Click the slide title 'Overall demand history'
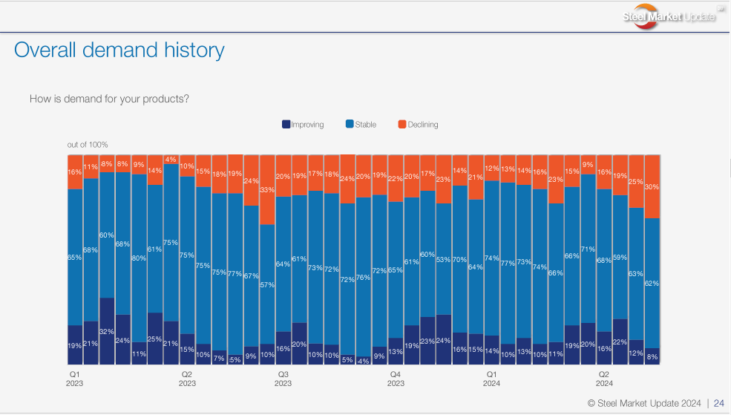(119, 50)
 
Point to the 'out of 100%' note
(88, 145)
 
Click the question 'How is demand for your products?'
(109, 99)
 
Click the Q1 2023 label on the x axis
(74, 379)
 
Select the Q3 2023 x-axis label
(283, 379)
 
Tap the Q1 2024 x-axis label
(491, 379)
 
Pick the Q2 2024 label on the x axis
(604, 379)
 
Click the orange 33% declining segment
(267, 189)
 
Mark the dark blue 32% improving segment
(107, 330)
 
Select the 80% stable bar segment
(139, 258)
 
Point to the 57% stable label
(267, 284)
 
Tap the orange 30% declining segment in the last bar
(652, 186)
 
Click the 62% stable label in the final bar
(652, 283)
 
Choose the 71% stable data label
(588, 249)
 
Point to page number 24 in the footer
(718, 403)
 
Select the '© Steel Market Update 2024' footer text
(644, 403)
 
